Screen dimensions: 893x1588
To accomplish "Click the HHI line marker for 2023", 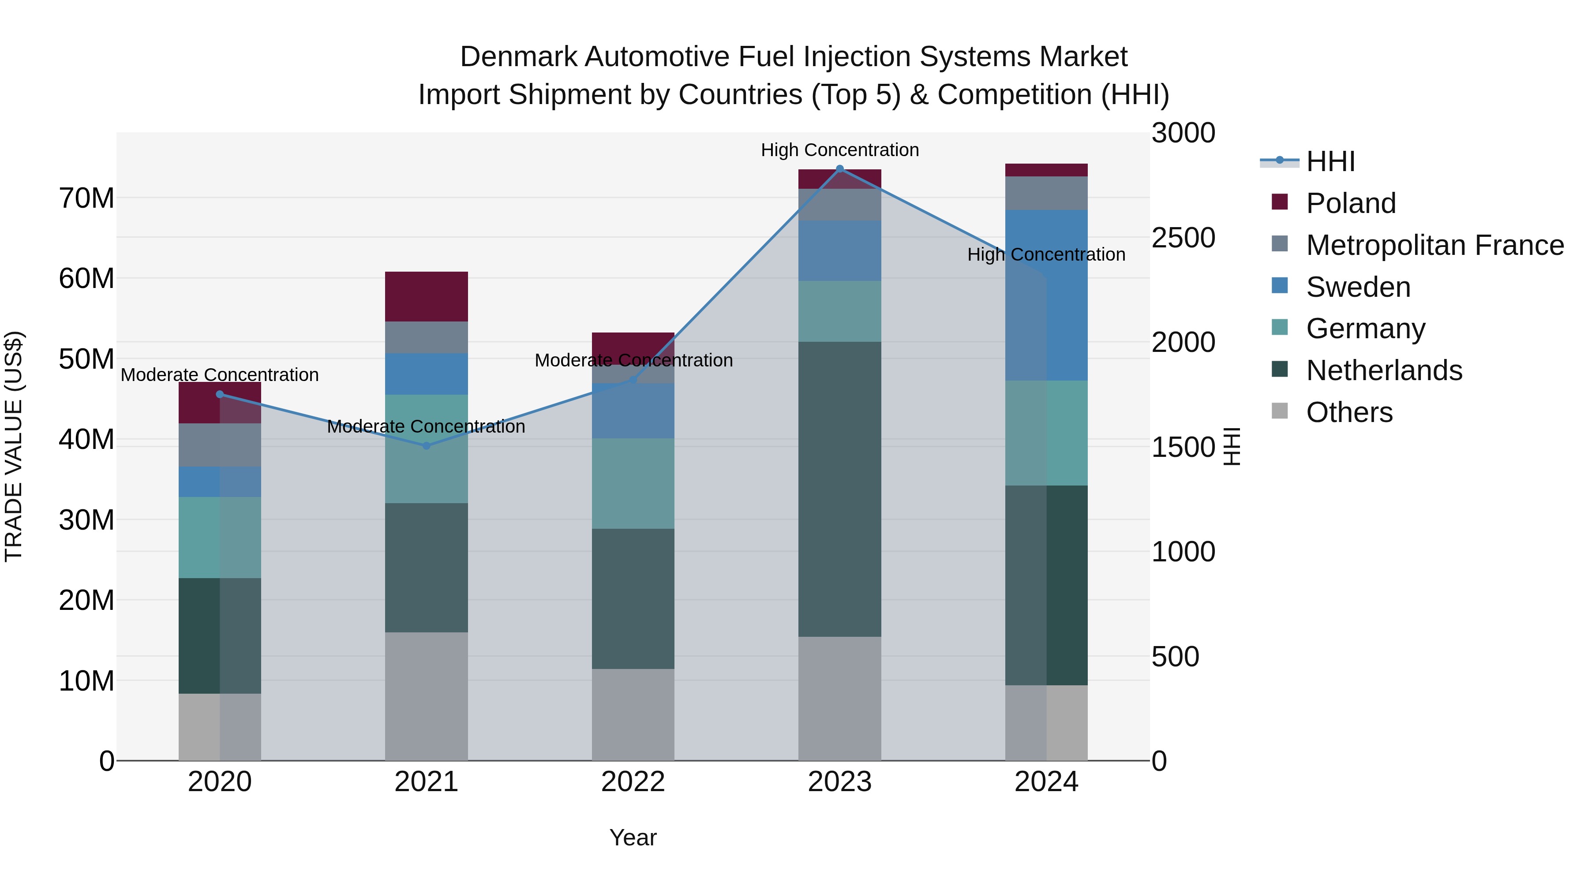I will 839,169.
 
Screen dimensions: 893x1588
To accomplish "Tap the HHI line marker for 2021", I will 426,445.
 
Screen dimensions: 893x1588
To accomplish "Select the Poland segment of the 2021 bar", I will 426,296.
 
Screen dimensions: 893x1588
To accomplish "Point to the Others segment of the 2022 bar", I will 633,714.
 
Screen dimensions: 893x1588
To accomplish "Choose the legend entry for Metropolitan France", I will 1434,245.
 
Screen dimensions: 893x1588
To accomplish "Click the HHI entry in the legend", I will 1330,161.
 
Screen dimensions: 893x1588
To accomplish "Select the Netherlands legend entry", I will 1383,370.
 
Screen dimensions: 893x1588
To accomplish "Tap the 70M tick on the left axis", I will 86,198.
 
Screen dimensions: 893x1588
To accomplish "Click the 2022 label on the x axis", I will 633,782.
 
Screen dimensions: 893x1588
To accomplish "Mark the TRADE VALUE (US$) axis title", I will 14,446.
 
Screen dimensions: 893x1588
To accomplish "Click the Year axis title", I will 633,837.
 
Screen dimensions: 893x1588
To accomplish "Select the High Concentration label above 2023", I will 839,150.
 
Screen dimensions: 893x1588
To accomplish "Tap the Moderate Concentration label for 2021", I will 426,426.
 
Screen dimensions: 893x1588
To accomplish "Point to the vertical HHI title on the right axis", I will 1231,446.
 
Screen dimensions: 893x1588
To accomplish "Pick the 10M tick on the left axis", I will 86,681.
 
